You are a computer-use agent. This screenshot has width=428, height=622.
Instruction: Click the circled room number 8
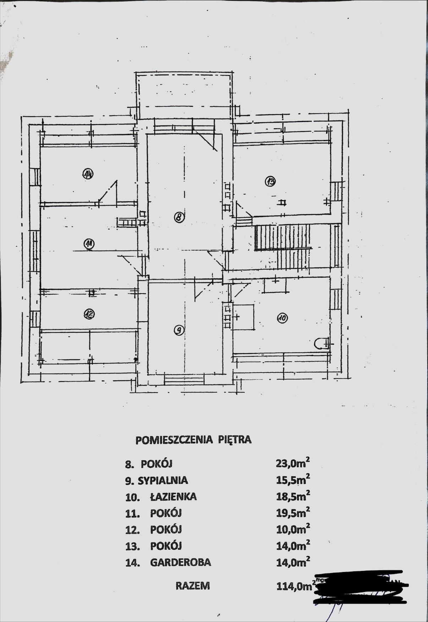click(x=179, y=217)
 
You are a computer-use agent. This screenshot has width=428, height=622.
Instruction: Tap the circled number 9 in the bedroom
click(x=179, y=331)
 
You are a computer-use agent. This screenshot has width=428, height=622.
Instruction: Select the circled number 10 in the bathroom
click(x=282, y=318)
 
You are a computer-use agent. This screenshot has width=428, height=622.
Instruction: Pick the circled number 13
click(x=270, y=182)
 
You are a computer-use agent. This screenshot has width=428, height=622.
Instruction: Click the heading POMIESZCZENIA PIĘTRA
click(x=193, y=440)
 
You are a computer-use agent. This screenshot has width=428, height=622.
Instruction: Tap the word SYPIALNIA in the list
click(x=163, y=481)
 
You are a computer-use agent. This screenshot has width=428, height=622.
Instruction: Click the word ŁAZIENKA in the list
click(x=173, y=496)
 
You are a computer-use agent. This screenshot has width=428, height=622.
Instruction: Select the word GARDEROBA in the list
click(x=181, y=562)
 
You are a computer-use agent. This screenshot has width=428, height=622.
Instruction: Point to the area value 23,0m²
click(x=293, y=463)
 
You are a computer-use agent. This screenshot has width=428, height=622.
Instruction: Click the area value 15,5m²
click(x=293, y=480)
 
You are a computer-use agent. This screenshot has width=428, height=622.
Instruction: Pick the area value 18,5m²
click(x=293, y=496)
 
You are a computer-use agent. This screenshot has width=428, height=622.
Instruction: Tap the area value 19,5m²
click(x=293, y=513)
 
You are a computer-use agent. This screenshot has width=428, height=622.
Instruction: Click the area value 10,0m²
click(x=293, y=529)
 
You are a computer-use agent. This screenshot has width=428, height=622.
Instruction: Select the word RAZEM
click(x=193, y=586)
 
